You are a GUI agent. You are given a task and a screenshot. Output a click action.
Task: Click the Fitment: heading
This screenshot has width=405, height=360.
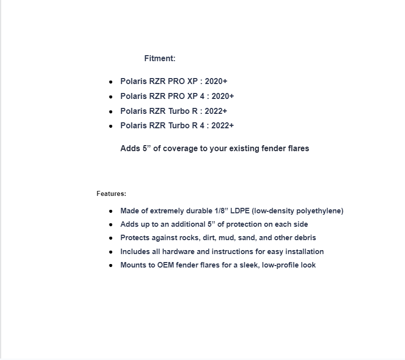click(x=160, y=58)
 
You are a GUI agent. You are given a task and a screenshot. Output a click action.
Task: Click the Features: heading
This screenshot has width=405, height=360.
click(x=111, y=194)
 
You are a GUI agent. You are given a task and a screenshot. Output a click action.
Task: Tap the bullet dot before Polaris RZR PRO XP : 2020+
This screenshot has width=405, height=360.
click(x=111, y=82)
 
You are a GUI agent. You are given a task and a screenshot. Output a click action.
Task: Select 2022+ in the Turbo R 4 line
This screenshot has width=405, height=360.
click(x=222, y=125)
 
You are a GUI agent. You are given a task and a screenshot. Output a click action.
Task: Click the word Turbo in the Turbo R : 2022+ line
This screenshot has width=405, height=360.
click(x=179, y=111)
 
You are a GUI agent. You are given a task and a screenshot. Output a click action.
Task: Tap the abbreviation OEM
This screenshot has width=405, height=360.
click(x=165, y=265)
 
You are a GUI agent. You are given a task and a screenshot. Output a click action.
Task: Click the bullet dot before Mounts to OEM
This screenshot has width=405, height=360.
click(x=111, y=266)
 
